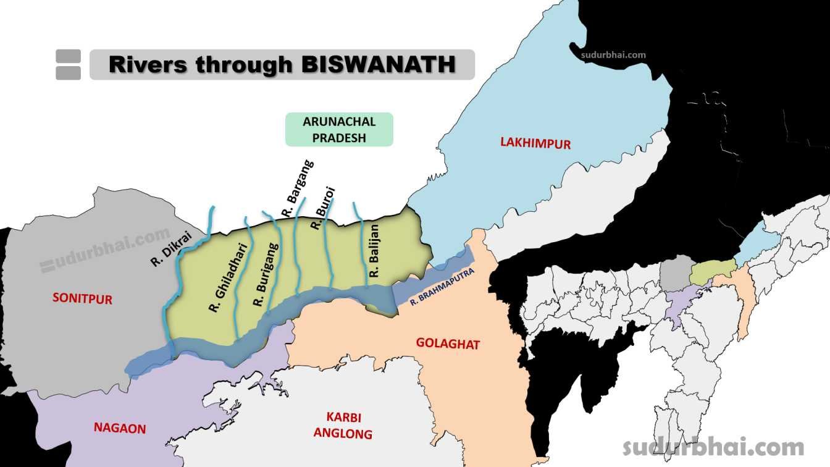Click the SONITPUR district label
(x=82, y=299)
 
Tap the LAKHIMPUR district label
(x=535, y=144)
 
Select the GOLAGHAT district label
(x=448, y=344)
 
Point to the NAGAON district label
(x=120, y=427)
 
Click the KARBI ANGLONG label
(x=343, y=425)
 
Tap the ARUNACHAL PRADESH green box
(x=339, y=129)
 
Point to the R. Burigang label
(x=266, y=276)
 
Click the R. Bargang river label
(x=297, y=188)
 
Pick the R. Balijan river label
(x=375, y=250)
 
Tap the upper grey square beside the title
(x=68, y=56)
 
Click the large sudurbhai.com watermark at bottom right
(x=713, y=447)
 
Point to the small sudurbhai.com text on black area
(x=613, y=54)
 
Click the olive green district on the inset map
(x=711, y=272)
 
